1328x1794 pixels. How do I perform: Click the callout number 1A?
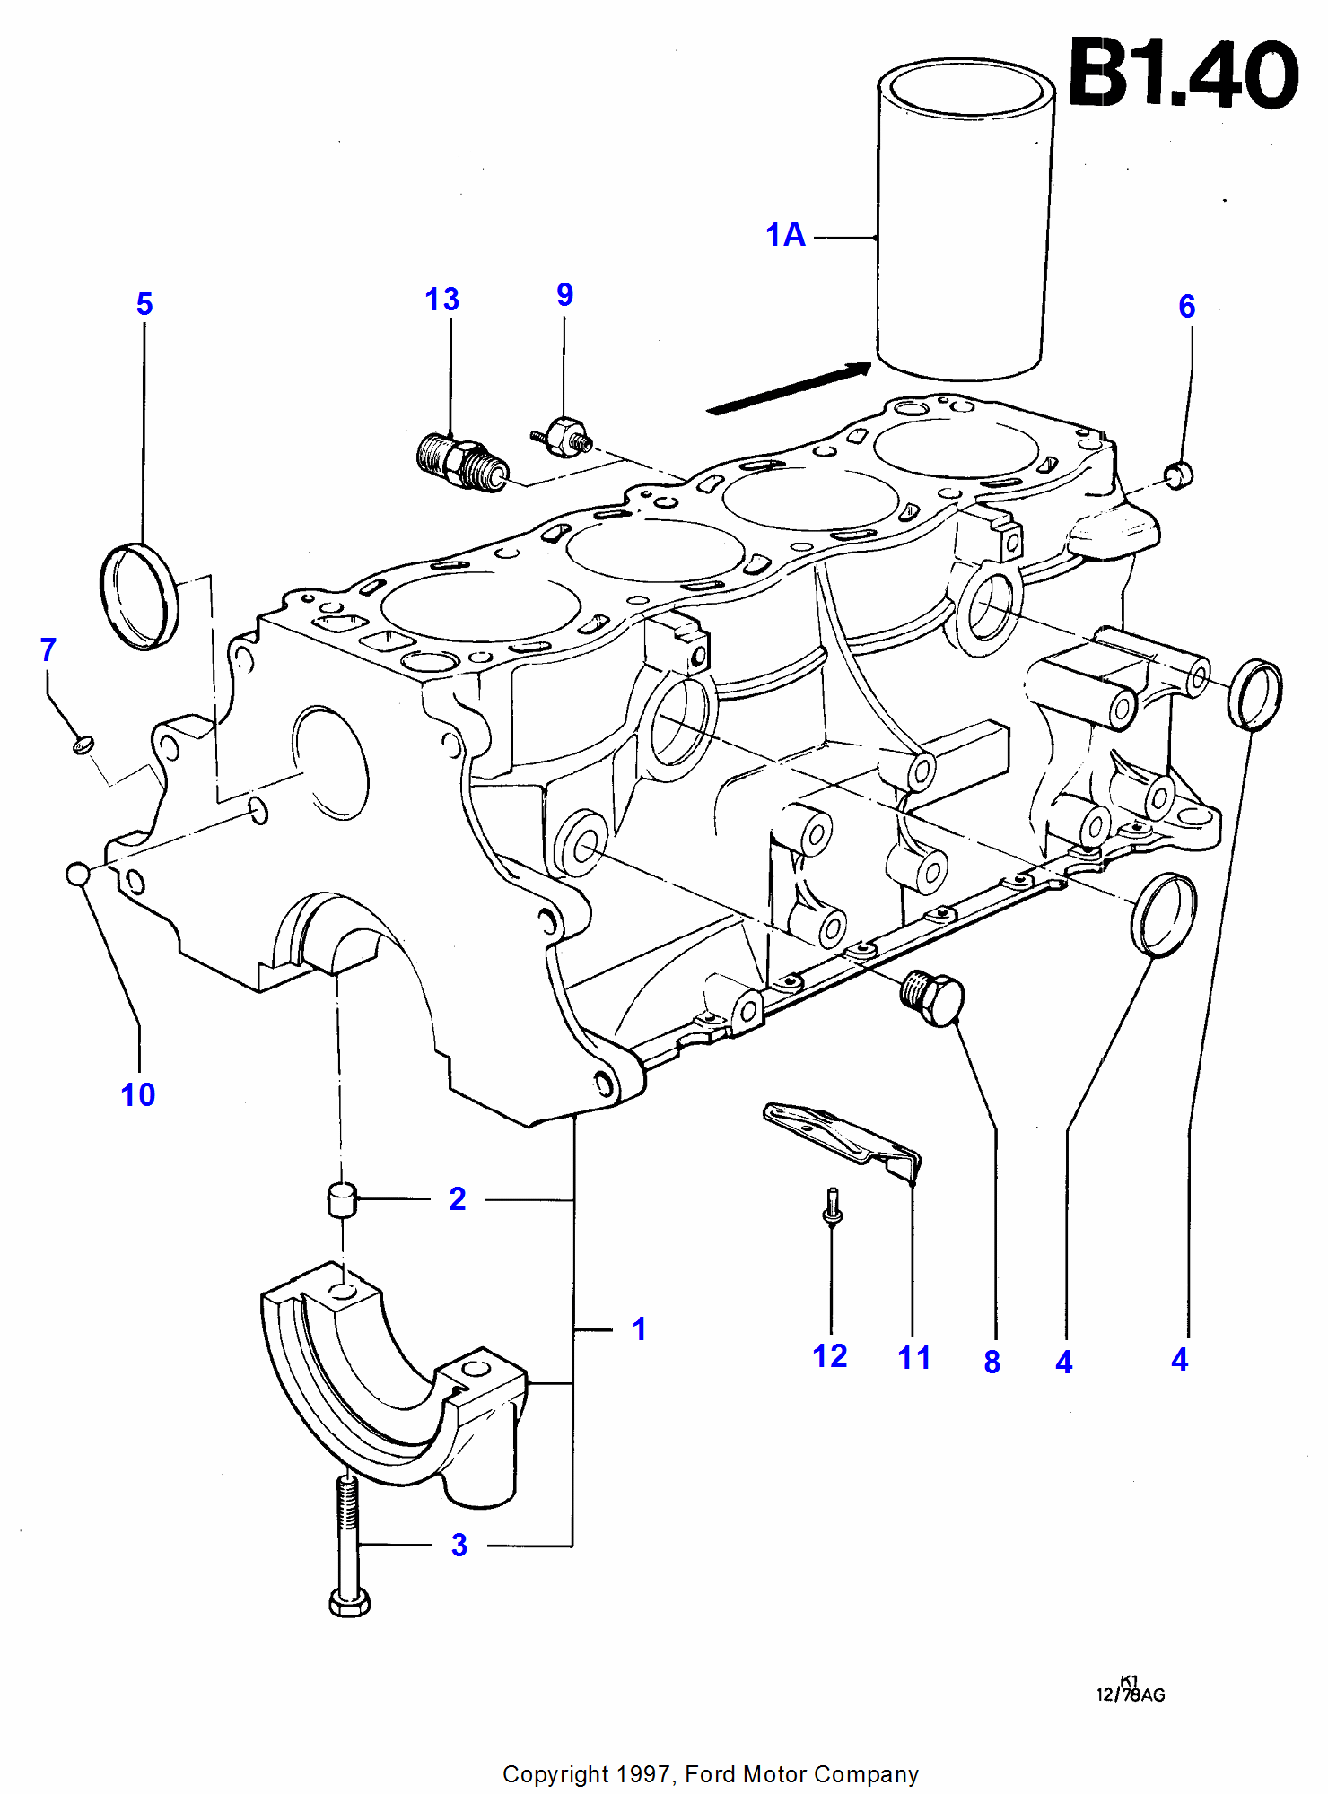785,236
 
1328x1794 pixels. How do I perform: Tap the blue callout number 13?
441,300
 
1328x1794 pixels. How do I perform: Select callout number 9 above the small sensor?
564,295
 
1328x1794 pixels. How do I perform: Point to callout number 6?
1186,307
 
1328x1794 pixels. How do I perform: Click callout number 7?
48,649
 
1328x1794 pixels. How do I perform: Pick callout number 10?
138,1095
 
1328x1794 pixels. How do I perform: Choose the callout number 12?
830,1356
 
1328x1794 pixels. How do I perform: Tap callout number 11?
914,1358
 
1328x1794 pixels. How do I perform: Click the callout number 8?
992,1363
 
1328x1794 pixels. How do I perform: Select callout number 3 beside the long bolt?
459,1545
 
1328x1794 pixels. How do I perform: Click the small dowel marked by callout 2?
341,1200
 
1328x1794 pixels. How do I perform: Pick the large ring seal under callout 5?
139,596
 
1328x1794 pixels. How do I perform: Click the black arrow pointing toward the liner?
790,388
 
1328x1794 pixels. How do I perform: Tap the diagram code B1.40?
1183,74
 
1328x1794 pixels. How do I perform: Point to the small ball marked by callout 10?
78,874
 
